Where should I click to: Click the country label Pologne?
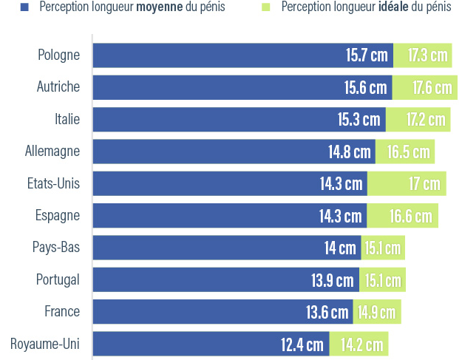(58, 54)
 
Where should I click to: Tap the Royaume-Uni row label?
(45, 344)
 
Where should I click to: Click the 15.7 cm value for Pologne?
(367, 55)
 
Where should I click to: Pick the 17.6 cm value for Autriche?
(432, 87)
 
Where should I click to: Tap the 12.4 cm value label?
(302, 344)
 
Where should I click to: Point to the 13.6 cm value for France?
(327, 312)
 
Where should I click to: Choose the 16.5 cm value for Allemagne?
(408, 152)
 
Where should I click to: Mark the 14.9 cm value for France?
(376, 312)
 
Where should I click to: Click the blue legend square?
(24, 8)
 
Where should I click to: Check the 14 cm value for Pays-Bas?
(340, 248)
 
